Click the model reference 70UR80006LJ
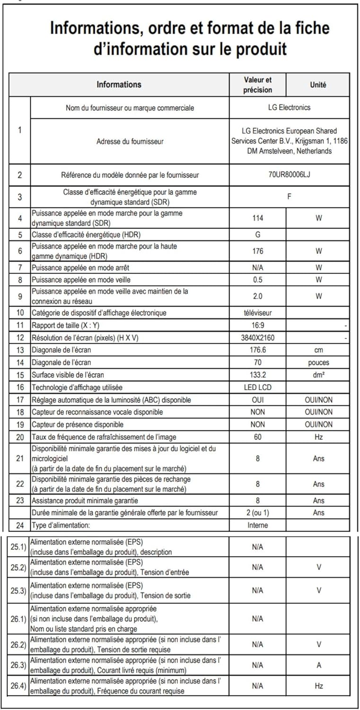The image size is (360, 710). pos(289,175)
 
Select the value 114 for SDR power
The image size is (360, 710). pos(258,218)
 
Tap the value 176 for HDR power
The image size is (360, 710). pos(258,251)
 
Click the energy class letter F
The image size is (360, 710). pos(289,196)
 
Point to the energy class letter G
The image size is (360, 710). pos(258,235)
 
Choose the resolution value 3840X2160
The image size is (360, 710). pos(258,338)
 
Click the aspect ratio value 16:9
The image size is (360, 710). pos(258,326)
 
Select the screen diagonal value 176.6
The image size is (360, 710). pos(258,350)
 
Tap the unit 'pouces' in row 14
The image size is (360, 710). pos(318,363)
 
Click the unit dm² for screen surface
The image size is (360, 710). pos(318,375)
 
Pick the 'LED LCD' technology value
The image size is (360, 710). pos(258,387)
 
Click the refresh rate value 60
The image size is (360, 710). pos(258,437)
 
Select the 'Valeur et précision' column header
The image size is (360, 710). pos(258,85)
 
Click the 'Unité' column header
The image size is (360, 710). pos(318,85)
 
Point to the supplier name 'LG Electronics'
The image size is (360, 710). pos(289,107)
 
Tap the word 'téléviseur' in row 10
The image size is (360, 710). pos(258,313)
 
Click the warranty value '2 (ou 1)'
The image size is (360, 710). pos(258,513)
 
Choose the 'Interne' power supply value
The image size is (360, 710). pos(258,525)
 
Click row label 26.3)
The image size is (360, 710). pos(18,666)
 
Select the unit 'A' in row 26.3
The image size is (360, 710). pos(319,666)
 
